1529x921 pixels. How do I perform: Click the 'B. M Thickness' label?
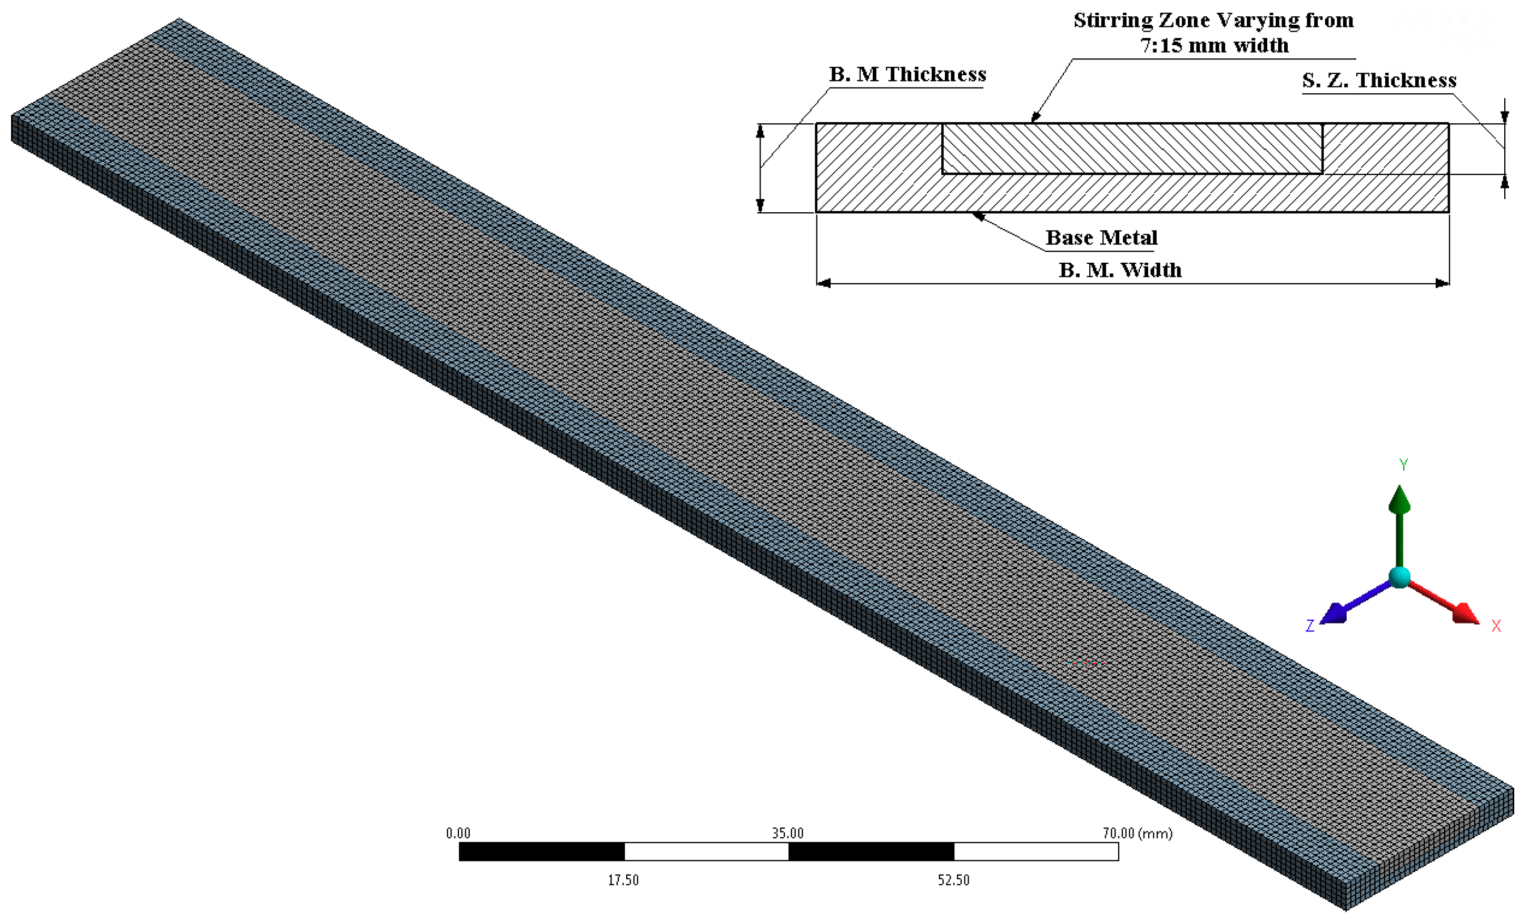[x=907, y=74]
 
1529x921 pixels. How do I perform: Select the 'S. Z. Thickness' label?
[x=1379, y=81]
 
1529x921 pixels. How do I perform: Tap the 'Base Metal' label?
[x=1101, y=238]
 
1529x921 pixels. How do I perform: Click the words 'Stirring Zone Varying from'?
[x=1213, y=21]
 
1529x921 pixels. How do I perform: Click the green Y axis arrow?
[x=1399, y=521]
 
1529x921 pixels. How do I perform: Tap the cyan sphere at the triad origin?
[x=1399, y=577]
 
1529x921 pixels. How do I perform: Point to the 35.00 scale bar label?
[x=787, y=833]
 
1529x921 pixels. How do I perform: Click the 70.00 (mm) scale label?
[x=1137, y=833]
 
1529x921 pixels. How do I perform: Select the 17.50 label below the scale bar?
[x=623, y=880]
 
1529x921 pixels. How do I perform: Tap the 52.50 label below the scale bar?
[x=953, y=880]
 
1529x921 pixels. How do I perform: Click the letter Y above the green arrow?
[x=1404, y=464]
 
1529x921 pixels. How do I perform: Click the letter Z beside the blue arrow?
[x=1310, y=626]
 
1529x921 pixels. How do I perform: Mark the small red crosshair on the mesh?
[x=1087, y=663]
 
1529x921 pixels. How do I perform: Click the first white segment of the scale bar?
[x=706, y=851]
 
